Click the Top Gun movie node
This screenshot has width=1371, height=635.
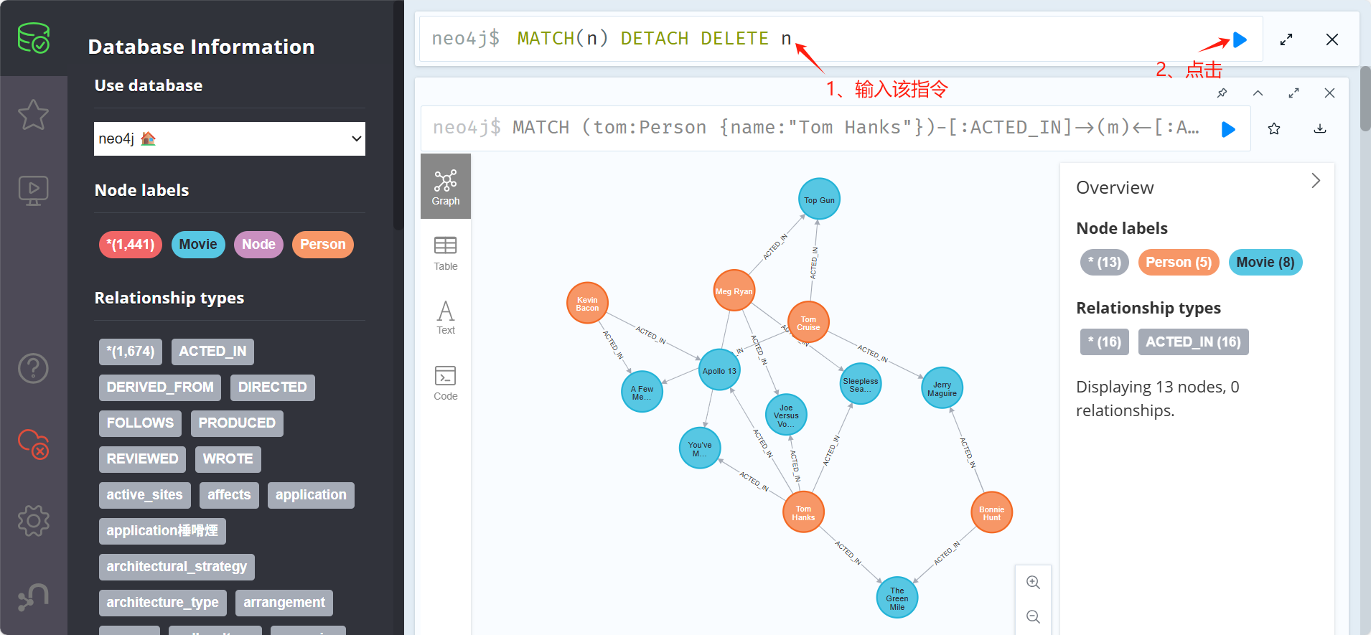coord(819,199)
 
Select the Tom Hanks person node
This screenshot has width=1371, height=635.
coord(803,513)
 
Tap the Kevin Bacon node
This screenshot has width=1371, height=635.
coord(587,304)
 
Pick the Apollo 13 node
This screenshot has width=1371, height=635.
coord(719,370)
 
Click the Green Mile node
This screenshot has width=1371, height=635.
coord(897,598)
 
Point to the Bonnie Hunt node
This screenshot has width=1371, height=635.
coord(991,513)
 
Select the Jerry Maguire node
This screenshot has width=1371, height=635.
coord(942,388)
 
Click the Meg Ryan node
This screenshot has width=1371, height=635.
coord(734,291)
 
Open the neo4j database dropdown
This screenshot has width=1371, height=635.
coord(230,138)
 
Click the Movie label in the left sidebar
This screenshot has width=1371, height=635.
coord(198,245)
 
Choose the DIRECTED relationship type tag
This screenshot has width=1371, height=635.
coord(272,387)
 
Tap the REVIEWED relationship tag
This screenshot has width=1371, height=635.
coord(142,459)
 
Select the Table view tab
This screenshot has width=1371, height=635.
coord(445,253)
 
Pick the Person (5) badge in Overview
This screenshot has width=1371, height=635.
coord(1178,263)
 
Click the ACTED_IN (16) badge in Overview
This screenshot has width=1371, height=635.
coord(1193,342)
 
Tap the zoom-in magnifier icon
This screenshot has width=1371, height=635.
coord(1033,583)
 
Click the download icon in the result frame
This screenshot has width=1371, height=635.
coord(1319,129)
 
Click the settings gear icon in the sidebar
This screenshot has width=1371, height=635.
coord(33,520)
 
